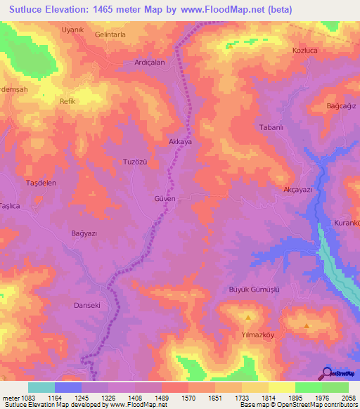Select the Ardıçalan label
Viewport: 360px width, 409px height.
149,63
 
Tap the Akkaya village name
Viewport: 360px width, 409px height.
180,141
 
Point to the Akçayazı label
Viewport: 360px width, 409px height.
296,190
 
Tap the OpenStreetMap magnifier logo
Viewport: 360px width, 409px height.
327,372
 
